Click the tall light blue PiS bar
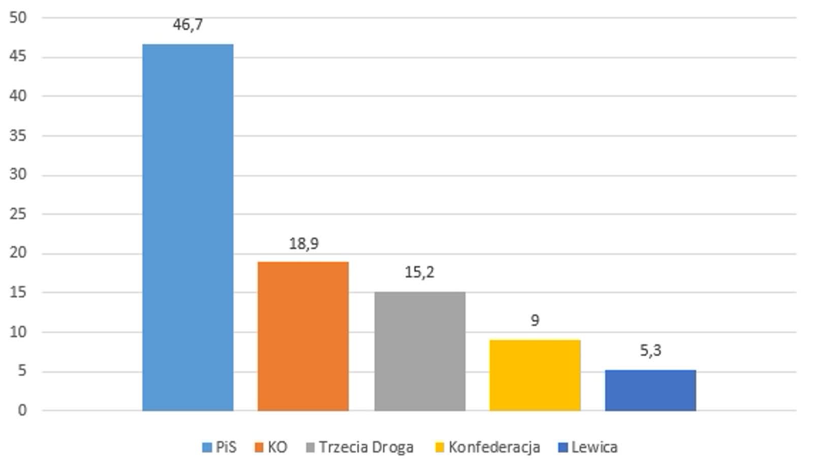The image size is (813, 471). (187, 227)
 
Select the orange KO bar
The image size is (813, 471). (303, 336)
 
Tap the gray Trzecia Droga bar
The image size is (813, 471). (420, 351)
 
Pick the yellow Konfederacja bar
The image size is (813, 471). (535, 375)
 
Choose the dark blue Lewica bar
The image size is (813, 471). (650, 390)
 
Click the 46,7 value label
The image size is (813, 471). (187, 24)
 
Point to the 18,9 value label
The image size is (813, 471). (303, 244)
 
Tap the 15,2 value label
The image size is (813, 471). (419, 272)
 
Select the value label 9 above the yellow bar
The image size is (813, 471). (535, 320)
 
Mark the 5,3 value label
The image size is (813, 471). (650, 350)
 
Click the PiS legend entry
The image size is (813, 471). (220, 447)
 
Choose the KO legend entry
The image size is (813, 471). (271, 447)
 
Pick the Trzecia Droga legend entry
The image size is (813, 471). (360, 447)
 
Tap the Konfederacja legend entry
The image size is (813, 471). (488, 447)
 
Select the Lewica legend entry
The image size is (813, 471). (588, 447)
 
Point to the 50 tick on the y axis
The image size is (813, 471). (18, 18)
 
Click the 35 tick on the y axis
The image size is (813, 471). (18, 136)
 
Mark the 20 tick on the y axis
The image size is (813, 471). (18, 253)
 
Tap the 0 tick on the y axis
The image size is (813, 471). (22, 410)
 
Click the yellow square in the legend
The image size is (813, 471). (440, 448)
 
